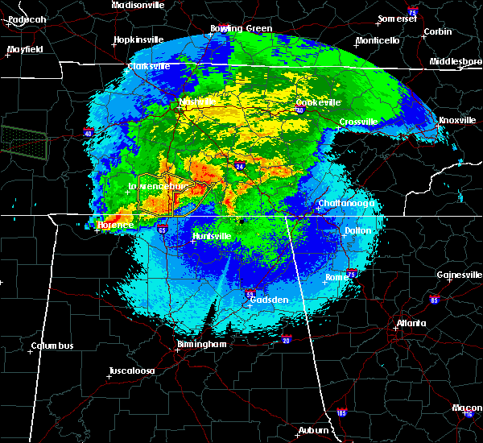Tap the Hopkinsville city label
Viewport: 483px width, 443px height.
point(138,39)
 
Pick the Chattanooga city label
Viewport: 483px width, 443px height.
point(346,204)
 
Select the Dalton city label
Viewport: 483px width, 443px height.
point(358,230)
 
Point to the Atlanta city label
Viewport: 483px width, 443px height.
point(411,324)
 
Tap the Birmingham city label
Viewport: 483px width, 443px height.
point(202,345)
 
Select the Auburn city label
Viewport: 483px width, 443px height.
point(314,430)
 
